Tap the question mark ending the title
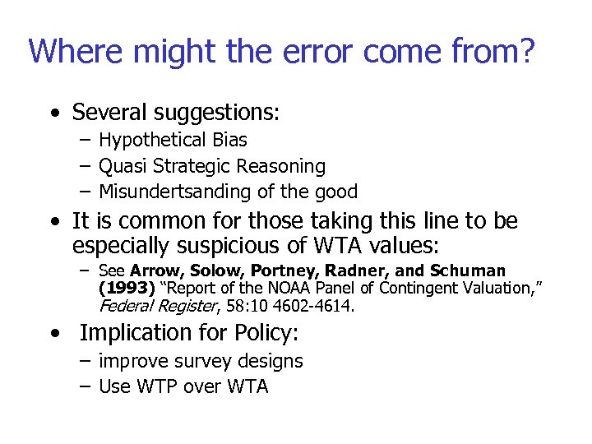[x=526, y=51]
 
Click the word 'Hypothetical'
[x=145, y=141]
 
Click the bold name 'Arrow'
[x=155, y=271]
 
